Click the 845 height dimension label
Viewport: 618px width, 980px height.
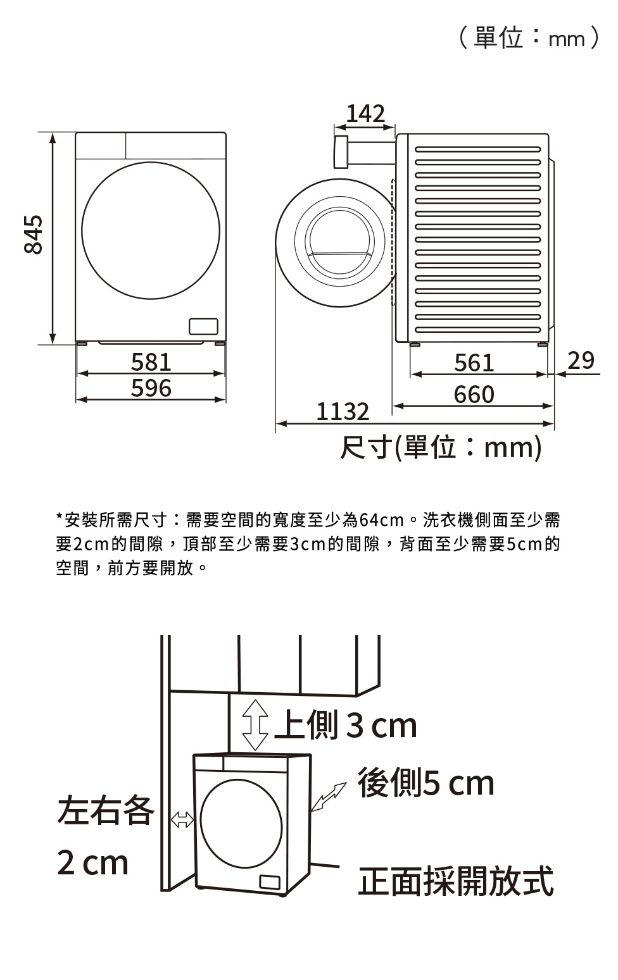[34, 234]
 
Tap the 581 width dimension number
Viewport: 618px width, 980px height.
[151, 362]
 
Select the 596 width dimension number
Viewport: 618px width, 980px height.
[151, 388]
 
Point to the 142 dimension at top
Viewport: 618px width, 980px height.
[366, 113]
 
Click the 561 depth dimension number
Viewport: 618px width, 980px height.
[474, 363]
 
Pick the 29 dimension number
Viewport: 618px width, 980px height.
[581, 361]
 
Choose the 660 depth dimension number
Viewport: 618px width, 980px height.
[474, 394]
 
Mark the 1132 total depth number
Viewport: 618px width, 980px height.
[343, 412]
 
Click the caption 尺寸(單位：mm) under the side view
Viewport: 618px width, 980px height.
[441, 447]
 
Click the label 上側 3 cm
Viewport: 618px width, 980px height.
[346, 725]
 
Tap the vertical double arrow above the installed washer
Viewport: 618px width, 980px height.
[255, 725]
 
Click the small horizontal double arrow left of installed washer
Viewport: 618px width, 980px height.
[182, 819]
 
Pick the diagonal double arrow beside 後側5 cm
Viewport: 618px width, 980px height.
[329, 797]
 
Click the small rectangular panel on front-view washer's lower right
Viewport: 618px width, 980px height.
[203, 326]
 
